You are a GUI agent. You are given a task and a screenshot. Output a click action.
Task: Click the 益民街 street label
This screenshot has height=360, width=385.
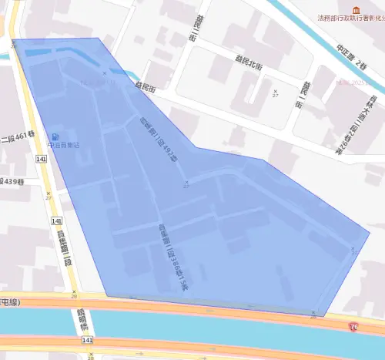tap(146, 89)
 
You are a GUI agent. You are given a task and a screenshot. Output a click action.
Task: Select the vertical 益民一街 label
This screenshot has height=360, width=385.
tap(306, 93)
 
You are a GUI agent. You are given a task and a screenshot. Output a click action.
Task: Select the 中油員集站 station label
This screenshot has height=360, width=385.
tap(64, 143)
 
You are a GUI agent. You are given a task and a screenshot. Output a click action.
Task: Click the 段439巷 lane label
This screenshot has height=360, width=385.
tap(13, 182)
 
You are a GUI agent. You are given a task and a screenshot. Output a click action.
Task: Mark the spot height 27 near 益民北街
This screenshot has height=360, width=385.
tap(275, 93)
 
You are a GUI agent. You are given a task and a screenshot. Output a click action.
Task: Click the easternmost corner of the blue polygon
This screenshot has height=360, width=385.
tap(370, 232)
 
